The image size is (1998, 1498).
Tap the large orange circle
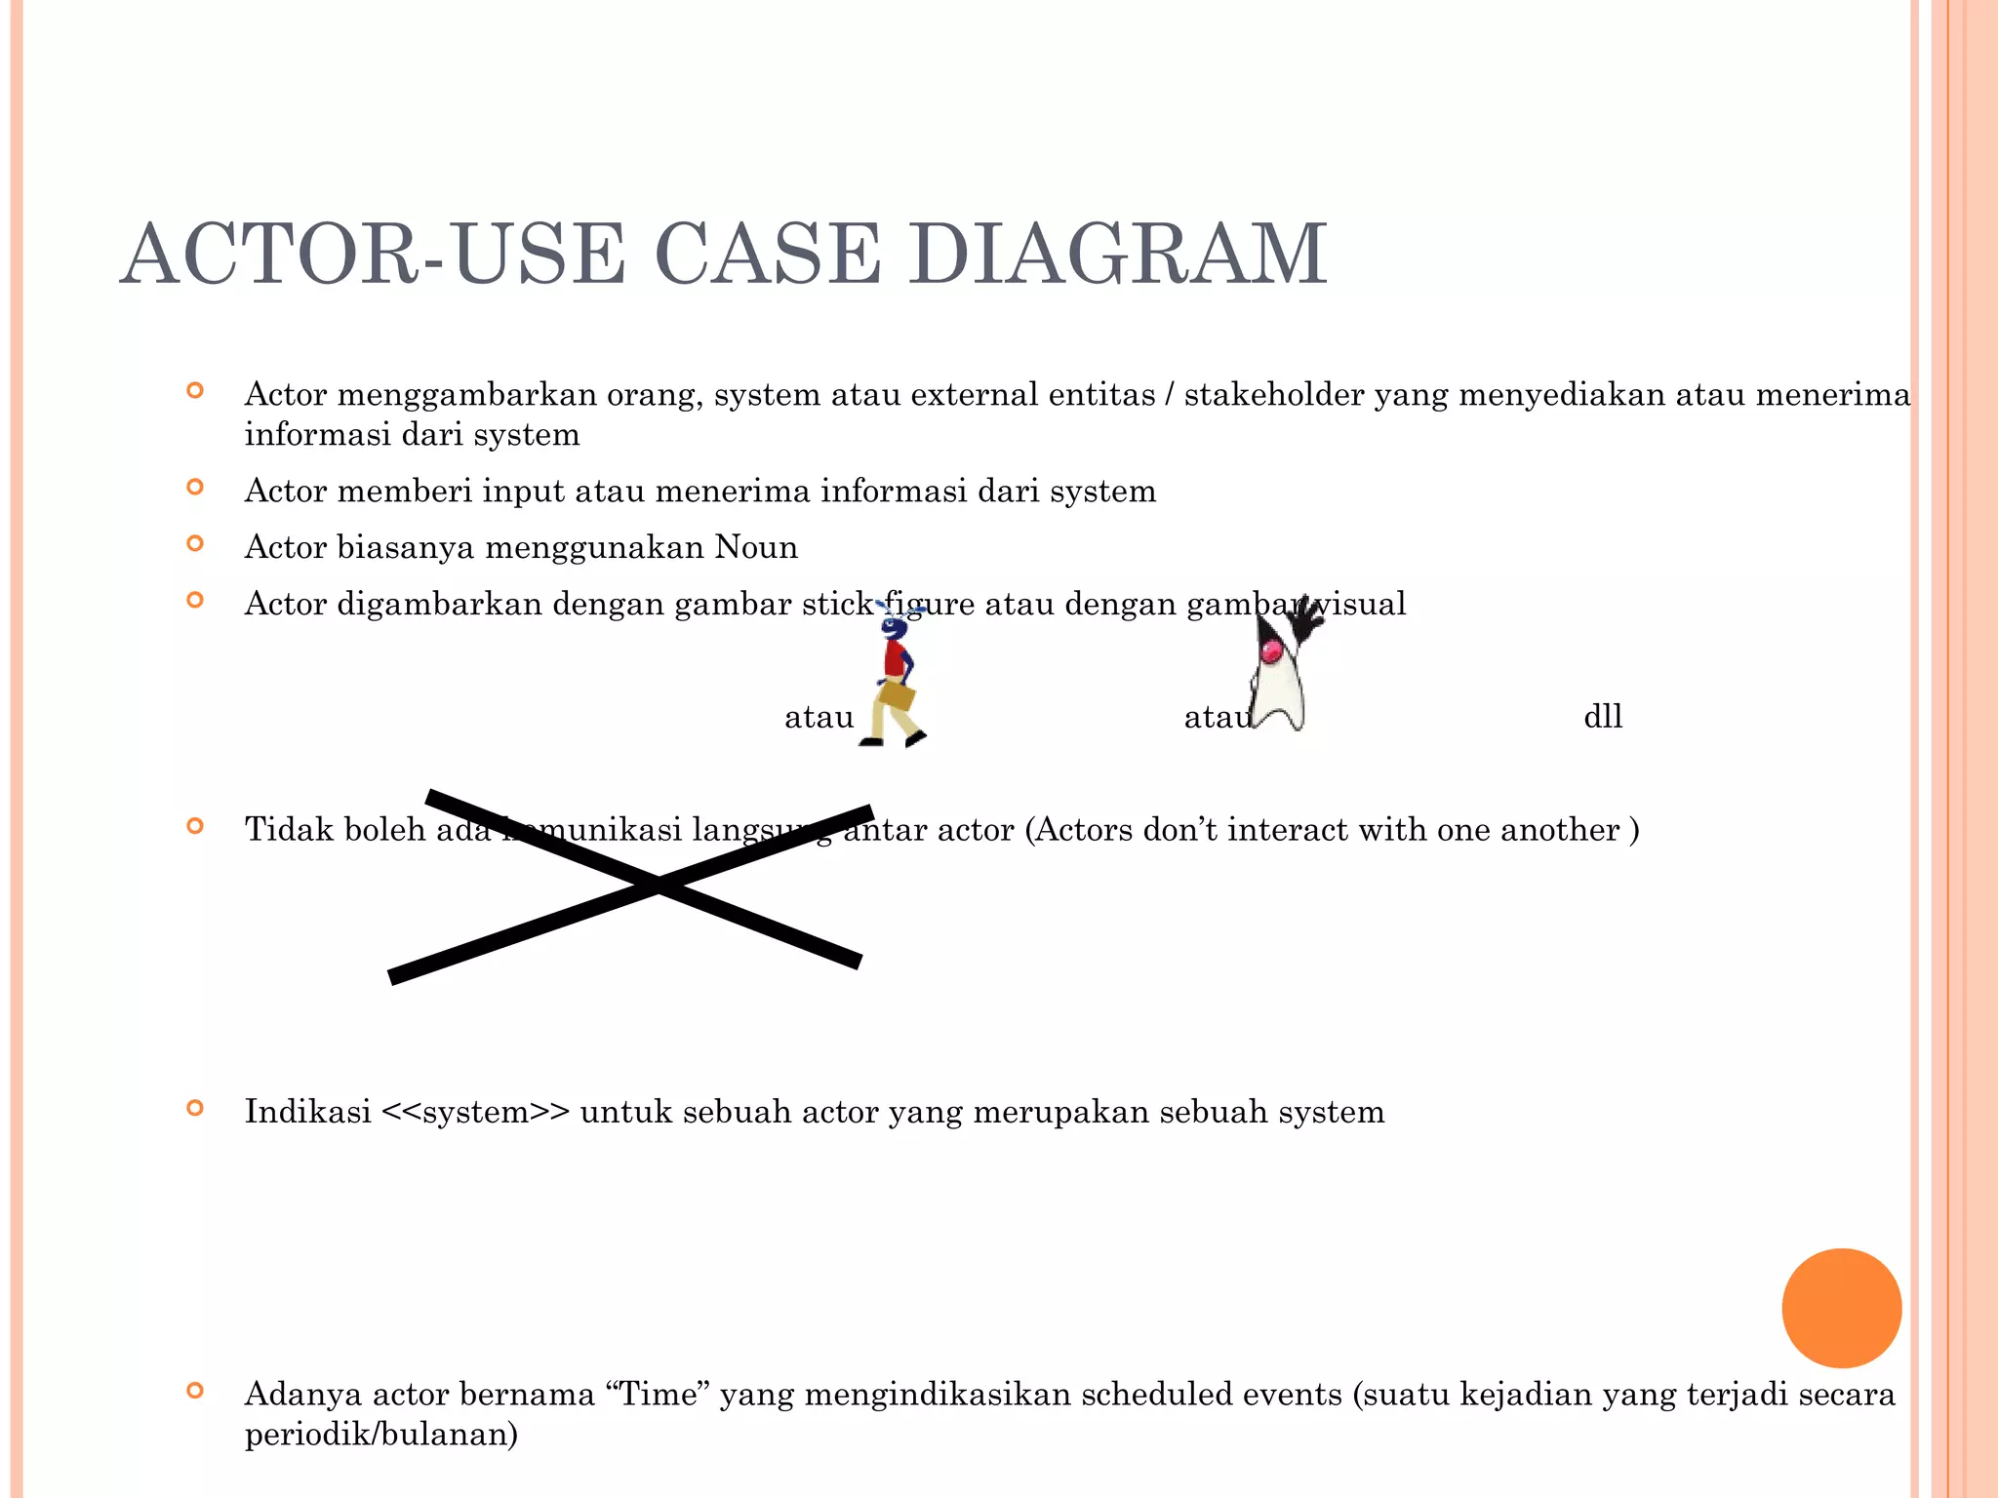(1841, 1308)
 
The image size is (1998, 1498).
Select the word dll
(1603, 717)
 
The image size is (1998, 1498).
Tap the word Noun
(756, 547)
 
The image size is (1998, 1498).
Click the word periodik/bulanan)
(380, 1435)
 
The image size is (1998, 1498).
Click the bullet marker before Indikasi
(195, 1108)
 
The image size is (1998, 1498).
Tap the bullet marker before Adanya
(195, 1391)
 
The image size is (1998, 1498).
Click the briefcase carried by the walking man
(897, 696)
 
